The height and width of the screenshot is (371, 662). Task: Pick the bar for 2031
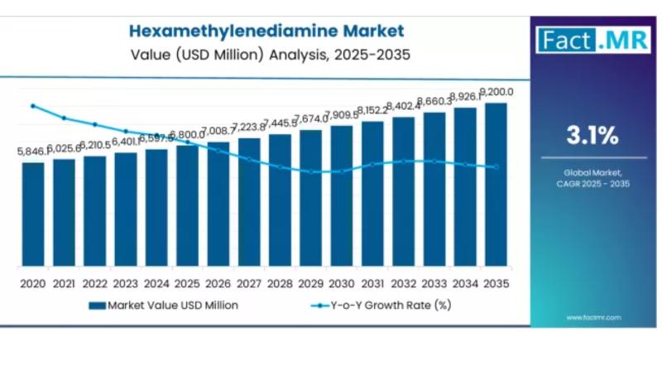[x=372, y=194]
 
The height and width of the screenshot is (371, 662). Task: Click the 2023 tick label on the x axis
[x=126, y=283]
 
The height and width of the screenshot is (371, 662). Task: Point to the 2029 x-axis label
[x=311, y=283]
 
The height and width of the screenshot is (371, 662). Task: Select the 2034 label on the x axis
[x=465, y=283]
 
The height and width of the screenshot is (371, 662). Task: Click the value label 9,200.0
[x=496, y=92]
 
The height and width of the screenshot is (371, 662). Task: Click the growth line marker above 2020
[x=33, y=106]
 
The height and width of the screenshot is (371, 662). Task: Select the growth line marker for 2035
[x=496, y=166]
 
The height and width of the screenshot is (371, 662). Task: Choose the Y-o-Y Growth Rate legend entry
[x=381, y=305]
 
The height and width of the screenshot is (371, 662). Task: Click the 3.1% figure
[x=592, y=135]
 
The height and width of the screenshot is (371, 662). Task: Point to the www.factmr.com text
[x=594, y=317]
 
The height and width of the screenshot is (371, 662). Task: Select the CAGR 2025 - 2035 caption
[x=592, y=183]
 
